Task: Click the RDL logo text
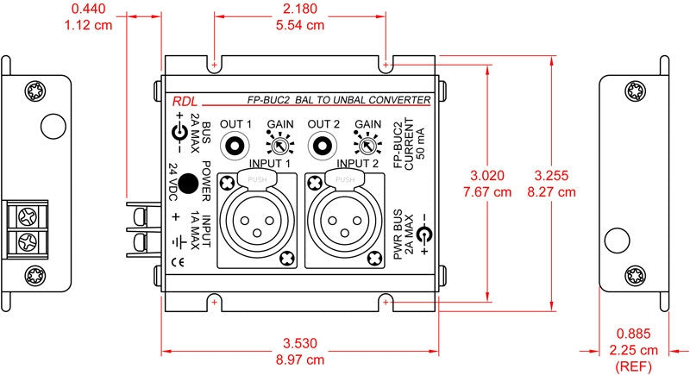[185, 102]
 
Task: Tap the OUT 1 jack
[235, 145]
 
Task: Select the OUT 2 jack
[323, 145]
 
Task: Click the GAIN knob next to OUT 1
[279, 144]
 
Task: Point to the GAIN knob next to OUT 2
[367, 144]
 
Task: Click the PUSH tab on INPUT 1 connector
[257, 179]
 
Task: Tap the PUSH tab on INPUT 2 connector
[345, 179]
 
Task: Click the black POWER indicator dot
[188, 184]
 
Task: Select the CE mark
[178, 263]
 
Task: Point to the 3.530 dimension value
[299, 343]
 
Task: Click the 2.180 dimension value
[299, 9]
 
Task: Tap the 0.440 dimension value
[88, 9]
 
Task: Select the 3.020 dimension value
[487, 175]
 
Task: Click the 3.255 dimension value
[551, 175]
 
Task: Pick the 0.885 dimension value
[633, 334]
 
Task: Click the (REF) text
[633, 366]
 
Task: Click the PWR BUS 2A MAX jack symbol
[424, 234]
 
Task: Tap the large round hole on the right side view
[617, 241]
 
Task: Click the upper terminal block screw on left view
[28, 216]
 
